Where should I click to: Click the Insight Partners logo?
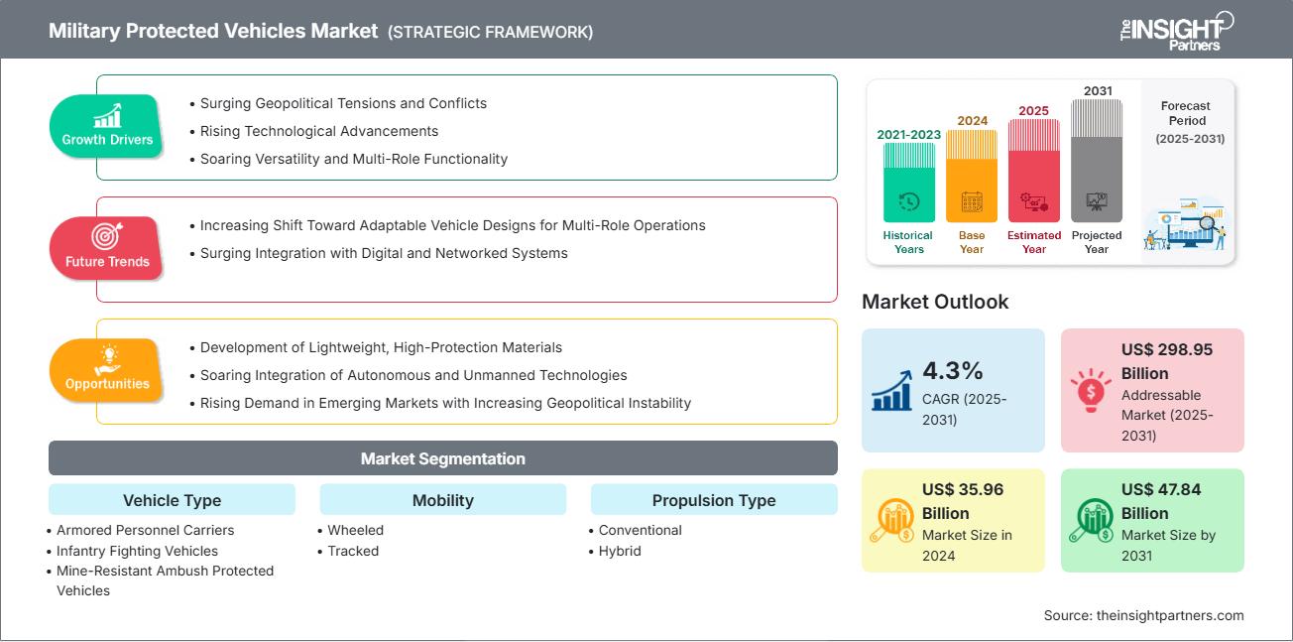1176,30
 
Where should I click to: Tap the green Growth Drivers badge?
107,126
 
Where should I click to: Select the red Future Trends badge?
106,248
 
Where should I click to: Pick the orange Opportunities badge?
106,370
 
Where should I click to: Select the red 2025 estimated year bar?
1034,171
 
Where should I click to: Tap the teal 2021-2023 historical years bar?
908,183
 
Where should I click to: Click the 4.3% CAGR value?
952,370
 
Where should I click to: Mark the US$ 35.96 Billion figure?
959,501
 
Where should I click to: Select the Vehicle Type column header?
172,500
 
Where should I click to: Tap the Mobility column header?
442,500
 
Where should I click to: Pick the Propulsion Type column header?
713,500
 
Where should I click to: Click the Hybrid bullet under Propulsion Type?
620,551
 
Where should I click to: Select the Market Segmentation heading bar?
442,458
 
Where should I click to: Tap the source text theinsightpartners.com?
1143,615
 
